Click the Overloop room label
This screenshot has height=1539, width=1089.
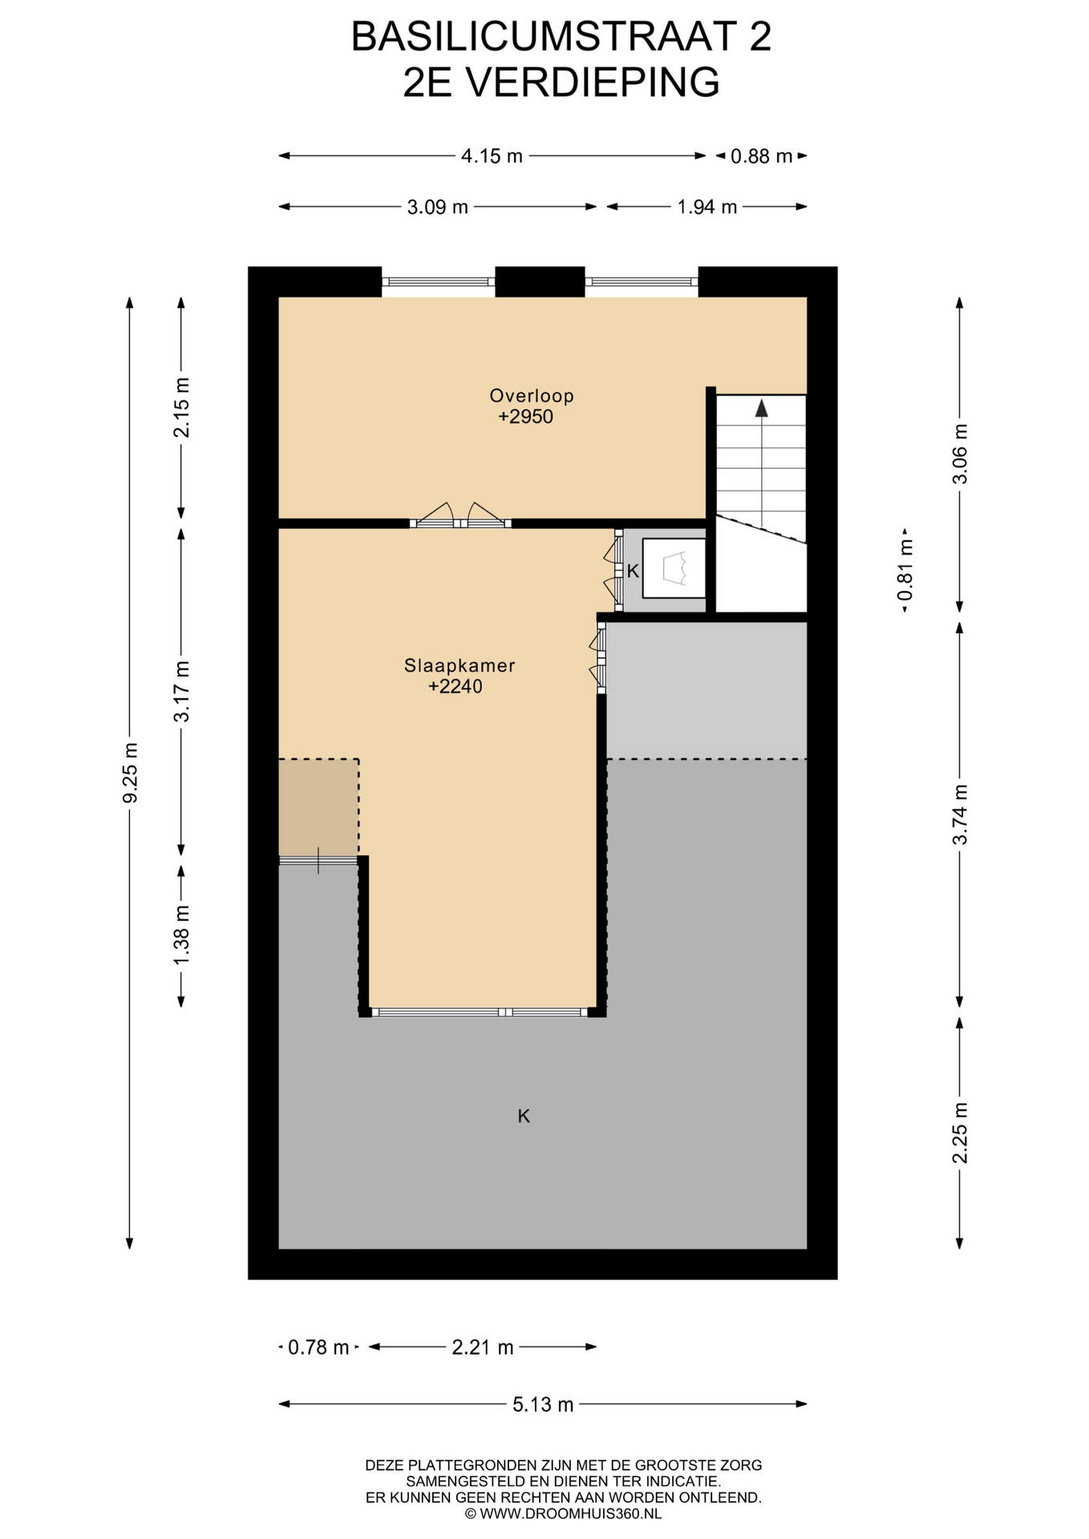[532, 395]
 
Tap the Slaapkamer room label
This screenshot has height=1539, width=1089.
[459, 665]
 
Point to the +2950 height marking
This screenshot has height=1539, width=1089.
[526, 417]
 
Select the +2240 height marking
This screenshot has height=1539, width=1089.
[455, 686]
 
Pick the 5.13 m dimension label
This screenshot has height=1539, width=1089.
[543, 1404]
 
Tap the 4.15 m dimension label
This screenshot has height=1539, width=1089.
[492, 156]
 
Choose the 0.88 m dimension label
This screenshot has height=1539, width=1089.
[761, 156]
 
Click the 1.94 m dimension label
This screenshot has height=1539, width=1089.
[707, 208]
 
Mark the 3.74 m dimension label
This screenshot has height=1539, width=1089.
[960, 814]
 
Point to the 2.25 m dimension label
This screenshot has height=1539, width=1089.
[960, 1133]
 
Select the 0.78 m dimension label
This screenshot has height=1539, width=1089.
[318, 1347]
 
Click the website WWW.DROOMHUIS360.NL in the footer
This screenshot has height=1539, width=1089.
[570, 1514]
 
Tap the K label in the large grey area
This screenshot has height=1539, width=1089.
[524, 1116]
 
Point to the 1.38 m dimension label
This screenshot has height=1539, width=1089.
[182, 935]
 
